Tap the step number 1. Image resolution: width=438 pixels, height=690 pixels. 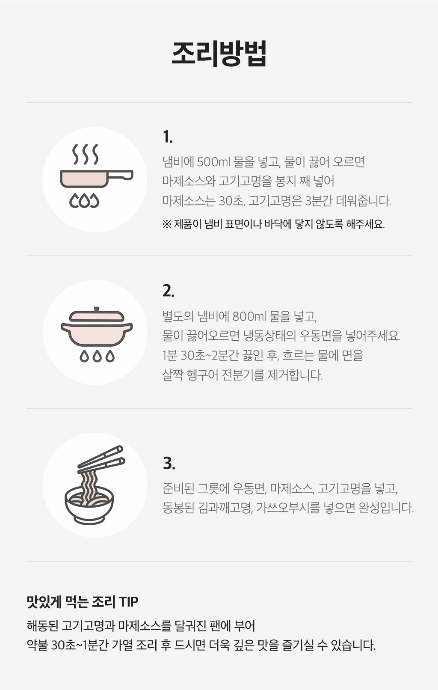click(168, 137)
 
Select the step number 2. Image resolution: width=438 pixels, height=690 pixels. click(169, 291)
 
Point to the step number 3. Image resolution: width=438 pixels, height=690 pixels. click(169, 463)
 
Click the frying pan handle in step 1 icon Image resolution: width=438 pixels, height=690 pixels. click(121, 175)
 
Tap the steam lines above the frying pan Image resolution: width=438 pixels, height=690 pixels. click(85, 154)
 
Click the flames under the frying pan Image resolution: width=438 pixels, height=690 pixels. click(84, 200)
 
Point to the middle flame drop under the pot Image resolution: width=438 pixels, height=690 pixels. click(97, 356)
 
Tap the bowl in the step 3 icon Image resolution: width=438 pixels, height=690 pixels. click(89, 507)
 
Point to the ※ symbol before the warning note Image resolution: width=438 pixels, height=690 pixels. click(166, 224)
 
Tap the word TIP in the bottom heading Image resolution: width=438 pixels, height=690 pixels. click(129, 601)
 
